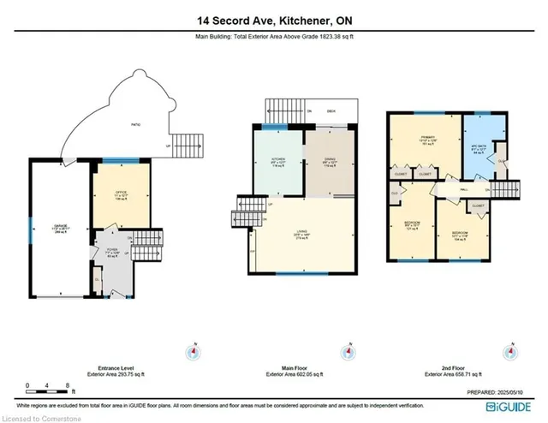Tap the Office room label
pos(120,199)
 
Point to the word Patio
pos(135,126)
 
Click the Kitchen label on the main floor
pos(278,162)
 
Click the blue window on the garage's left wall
pos(29,229)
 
